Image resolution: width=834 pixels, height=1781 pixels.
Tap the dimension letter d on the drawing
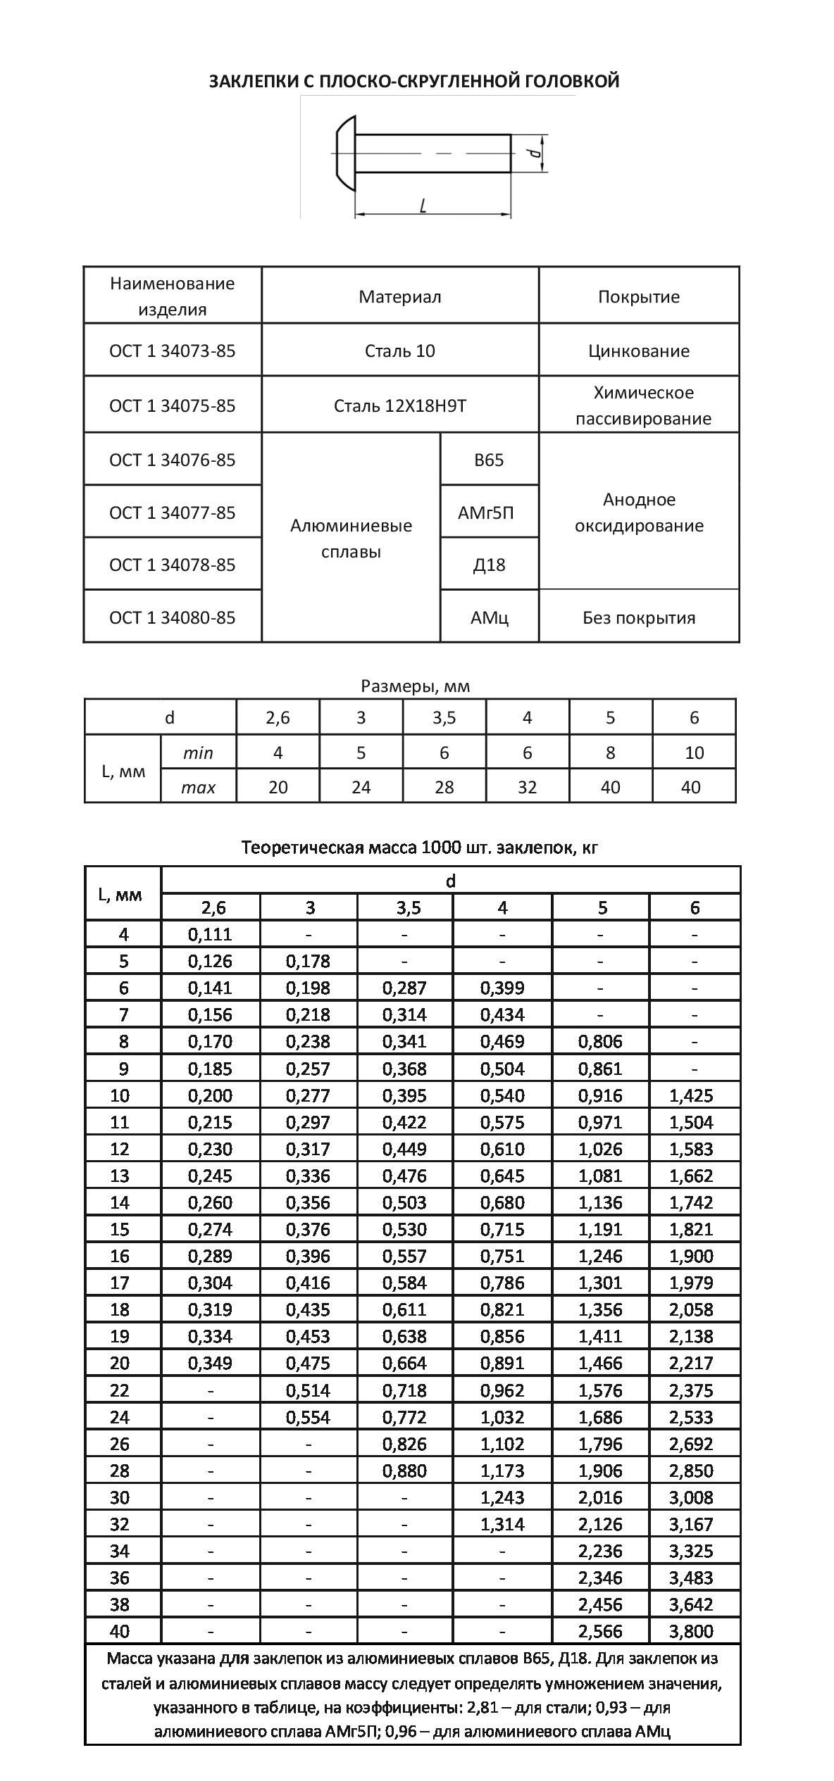click(535, 152)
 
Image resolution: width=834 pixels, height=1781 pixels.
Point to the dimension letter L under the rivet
click(423, 205)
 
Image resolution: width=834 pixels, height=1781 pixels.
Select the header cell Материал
click(399, 296)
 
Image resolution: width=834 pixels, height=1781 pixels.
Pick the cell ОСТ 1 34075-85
click(173, 405)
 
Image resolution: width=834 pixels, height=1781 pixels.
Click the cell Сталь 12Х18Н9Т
click(399, 405)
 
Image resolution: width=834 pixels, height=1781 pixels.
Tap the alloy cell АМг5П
click(489, 512)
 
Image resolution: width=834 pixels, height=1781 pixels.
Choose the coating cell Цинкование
click(639, 351)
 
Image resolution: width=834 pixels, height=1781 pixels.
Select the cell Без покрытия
click(639, 617)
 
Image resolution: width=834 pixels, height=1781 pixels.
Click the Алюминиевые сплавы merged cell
click(351, 539)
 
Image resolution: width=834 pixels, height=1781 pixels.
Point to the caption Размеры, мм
click(415, 686)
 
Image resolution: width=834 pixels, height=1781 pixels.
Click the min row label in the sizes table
click(198, 753)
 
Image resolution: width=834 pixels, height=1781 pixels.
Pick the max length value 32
click(527, 786)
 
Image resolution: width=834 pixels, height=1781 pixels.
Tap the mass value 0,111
click(210, 934)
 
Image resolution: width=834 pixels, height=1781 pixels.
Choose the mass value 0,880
click(404, 1471)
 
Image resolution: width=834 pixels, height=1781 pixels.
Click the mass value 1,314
click(502, 1524)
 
